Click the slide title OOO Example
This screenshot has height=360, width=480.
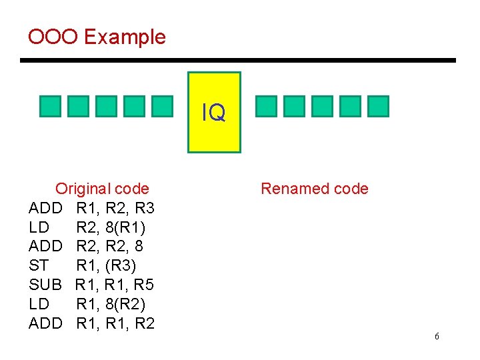[x=97, y=37]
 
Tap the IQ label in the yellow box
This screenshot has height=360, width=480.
[x=214, y=113]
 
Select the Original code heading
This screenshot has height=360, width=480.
[x=102, y=189]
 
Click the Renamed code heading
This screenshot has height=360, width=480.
[x=315, y=189]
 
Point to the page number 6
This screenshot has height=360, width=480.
[x=437, y=337]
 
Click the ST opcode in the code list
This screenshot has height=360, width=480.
[x=39, y=266]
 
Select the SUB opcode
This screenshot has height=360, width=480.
[x=45, y=285]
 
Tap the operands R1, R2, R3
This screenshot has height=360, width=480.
[x=115, y=208]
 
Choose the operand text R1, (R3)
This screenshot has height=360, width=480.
[x=106, y=266]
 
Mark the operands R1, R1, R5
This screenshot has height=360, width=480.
[x=115, y=285]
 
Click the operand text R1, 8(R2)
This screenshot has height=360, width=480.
[x=110, y=305]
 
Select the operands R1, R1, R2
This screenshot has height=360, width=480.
[x=115, y=324]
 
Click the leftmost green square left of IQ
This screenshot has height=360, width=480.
[x=50, y=106]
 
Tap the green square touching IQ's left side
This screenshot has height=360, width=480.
[x=180, y=106]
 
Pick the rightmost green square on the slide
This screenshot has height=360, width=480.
[x=378, y=106]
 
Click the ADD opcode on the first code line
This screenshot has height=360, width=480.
[x=45, y=208]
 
